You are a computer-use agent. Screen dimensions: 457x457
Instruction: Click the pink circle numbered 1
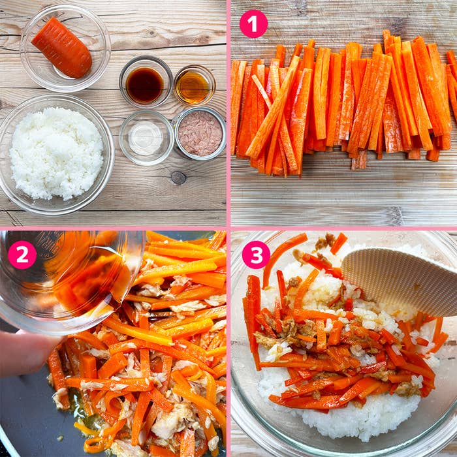(x=253, y=24)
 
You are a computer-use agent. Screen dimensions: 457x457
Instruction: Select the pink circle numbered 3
(x=256, y=255)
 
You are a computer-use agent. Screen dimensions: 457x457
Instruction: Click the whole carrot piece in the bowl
(x=62, y=48)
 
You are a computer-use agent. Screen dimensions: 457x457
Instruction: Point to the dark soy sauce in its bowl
(x=144, y=85)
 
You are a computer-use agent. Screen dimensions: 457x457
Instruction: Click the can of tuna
(x=200, y=133)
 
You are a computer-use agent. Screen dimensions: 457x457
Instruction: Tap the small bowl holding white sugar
(x=146, y=138)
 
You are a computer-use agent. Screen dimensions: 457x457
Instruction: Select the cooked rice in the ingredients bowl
(x=57, y=153)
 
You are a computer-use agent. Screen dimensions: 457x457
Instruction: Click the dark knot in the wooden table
(x=178, y=178)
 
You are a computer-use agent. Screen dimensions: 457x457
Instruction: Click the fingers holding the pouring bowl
(x=26, y=353)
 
